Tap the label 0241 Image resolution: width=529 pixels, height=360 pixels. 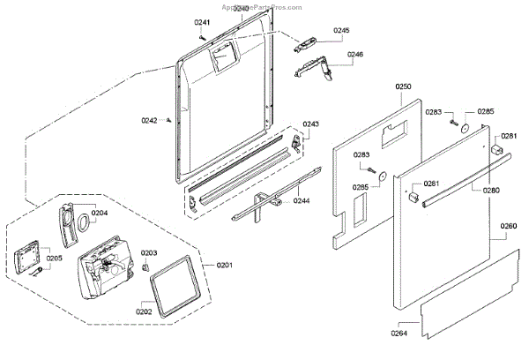point(203,23)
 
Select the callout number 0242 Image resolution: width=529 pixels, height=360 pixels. point(150,120)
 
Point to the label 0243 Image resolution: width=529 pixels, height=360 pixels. point(311,124)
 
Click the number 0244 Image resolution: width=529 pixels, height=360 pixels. point(301,200)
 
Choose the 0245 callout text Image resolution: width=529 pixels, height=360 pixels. point(341,31)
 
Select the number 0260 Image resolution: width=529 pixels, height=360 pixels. point(509,226)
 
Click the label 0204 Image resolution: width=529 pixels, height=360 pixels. point(100,213)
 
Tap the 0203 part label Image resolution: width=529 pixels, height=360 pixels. point(149,252)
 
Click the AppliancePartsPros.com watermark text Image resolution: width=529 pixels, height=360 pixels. point(264,5)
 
